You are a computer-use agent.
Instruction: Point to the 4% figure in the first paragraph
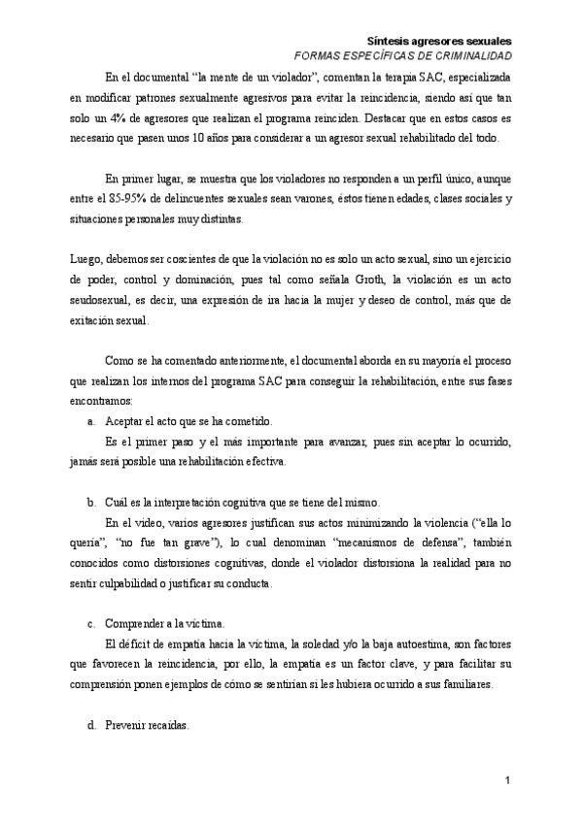[x=120, y=118]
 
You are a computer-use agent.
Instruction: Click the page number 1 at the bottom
[x=508, y=781]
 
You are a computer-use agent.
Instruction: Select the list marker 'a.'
[x=91, y=421]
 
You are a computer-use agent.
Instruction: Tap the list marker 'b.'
[x=91, y=502]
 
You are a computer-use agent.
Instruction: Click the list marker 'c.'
[x=91, y=622]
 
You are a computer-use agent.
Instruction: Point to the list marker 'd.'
[x=91, y=723]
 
